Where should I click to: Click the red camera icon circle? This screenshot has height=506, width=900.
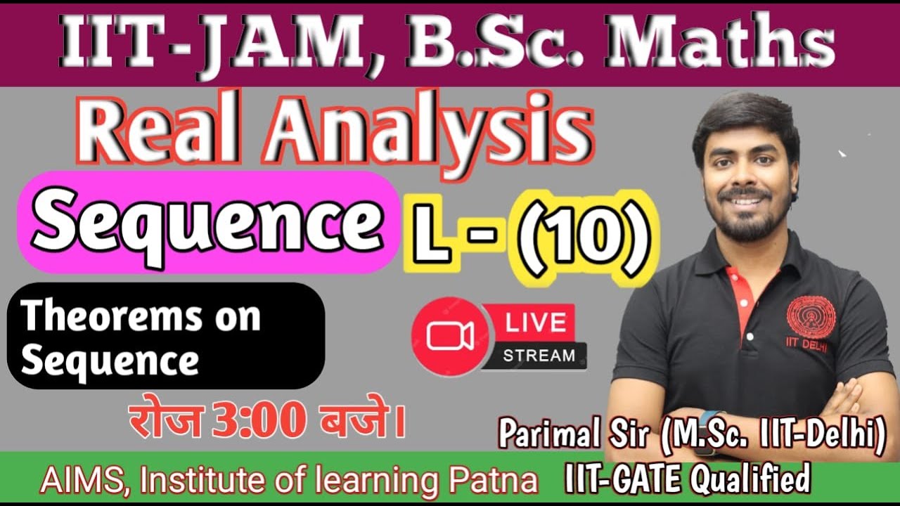pyautogui.click(x=451, y=337)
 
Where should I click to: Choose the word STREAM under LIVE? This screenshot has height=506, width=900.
pyautogui.click(x=539, y=356)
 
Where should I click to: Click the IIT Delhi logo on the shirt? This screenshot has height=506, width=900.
pyautogui.click(x=811, y=320)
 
